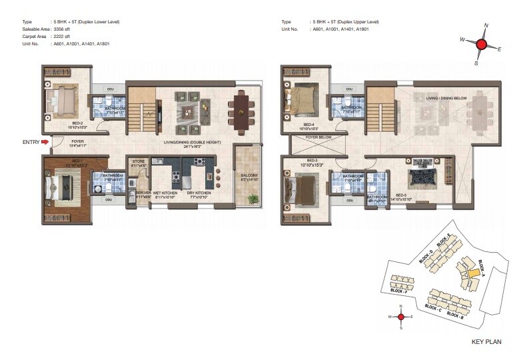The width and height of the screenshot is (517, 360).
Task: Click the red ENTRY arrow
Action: (45, 141)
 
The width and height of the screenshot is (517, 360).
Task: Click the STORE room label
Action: (139, 161)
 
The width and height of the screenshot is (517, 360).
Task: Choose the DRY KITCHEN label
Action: (201, 195)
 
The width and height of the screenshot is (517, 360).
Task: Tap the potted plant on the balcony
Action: (253, 199)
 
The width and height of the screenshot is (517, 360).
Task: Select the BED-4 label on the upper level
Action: (308, 124)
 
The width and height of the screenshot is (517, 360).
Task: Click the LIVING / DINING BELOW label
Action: (446, 97)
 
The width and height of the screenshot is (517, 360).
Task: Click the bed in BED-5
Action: (422, 176)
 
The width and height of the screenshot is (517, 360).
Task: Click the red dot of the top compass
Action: (481, 44)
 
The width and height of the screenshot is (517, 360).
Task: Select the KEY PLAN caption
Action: (486, 343)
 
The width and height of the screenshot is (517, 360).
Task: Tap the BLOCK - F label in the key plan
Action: (398, 291)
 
